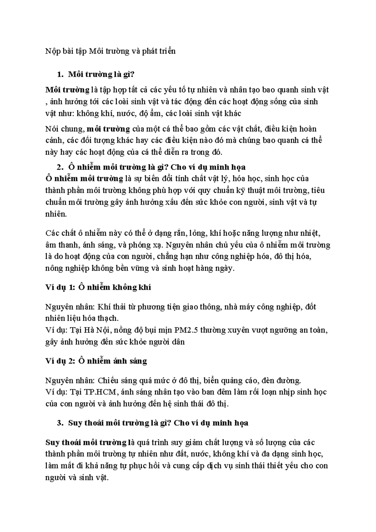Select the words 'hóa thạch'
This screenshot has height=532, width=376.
[x=103, y=318]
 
